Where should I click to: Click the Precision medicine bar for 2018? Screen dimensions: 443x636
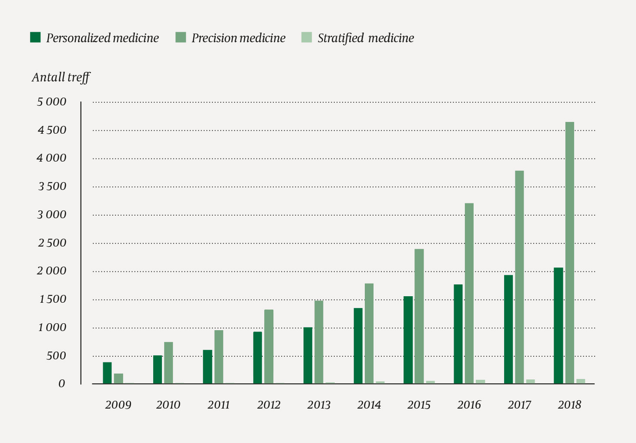[569, 253]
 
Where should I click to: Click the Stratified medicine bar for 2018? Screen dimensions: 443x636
[580, 382]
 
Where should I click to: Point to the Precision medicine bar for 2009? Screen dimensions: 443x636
[118, 379]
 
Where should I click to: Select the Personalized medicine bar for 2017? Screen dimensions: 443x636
[508, 329]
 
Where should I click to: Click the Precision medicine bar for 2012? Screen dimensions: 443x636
[269, 346]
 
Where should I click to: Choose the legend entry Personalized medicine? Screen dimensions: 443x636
[102, 38]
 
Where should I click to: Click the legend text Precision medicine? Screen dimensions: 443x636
[239, 38]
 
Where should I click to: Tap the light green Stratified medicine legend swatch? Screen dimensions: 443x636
[306, 37]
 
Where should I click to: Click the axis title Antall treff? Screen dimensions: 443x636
[61, 78]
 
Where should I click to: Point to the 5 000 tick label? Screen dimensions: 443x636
[51, 102]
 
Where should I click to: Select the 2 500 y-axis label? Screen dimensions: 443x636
[51, 243]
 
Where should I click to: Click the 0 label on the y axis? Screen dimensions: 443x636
[61, 384]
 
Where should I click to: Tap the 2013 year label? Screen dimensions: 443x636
[319, 405]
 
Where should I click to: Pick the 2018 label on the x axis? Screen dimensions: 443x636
[569, 405]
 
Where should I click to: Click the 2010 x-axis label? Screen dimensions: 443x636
[168, 405]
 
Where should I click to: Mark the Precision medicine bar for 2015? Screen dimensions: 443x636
[419, 316]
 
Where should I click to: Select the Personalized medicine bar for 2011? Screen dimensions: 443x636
[207, 367]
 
